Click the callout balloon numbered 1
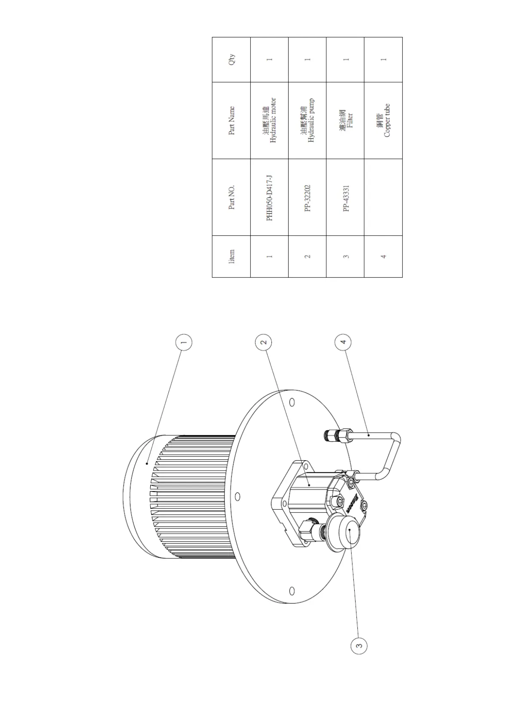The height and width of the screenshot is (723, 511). [x=184, y=343]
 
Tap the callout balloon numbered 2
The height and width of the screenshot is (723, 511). [x=264, y=343]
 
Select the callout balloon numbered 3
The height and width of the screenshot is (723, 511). [x=359, y=645]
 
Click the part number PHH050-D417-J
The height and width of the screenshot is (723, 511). [x=269, y=197]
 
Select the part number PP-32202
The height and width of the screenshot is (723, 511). [x=307, y=198]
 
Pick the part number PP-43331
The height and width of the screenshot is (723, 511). [x=346, y=198]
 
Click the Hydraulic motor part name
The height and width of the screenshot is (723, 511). [x=269, y=121]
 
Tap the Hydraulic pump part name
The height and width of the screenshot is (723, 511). [x=307, y=121]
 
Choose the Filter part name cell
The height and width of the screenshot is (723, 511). [x=346, y=121]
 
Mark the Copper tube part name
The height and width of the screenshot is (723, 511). [x=383, y=121]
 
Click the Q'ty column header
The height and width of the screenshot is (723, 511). [x=231, y=60]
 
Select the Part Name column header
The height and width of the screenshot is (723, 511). [x=231, y=121]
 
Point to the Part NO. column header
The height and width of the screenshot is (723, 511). [x=231, y=197]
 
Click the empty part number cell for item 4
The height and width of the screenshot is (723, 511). [x=383, y=197]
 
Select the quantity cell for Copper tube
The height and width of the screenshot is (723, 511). [x=383, y=60]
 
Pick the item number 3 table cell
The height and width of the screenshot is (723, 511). [x=346, y=256]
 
